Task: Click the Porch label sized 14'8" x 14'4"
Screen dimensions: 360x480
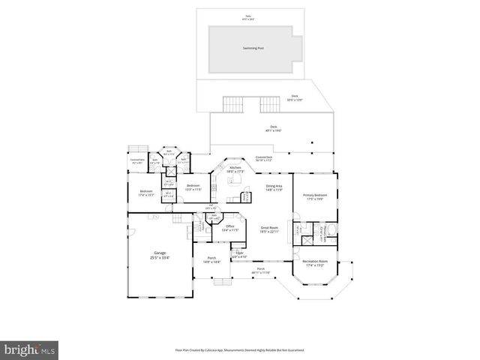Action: [x=211, y=260]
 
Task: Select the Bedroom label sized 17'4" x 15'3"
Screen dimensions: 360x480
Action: [x=146, y=193]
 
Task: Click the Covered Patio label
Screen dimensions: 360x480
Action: [x=136, y=160]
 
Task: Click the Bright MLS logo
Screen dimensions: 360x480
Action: [x=30, y=350]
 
